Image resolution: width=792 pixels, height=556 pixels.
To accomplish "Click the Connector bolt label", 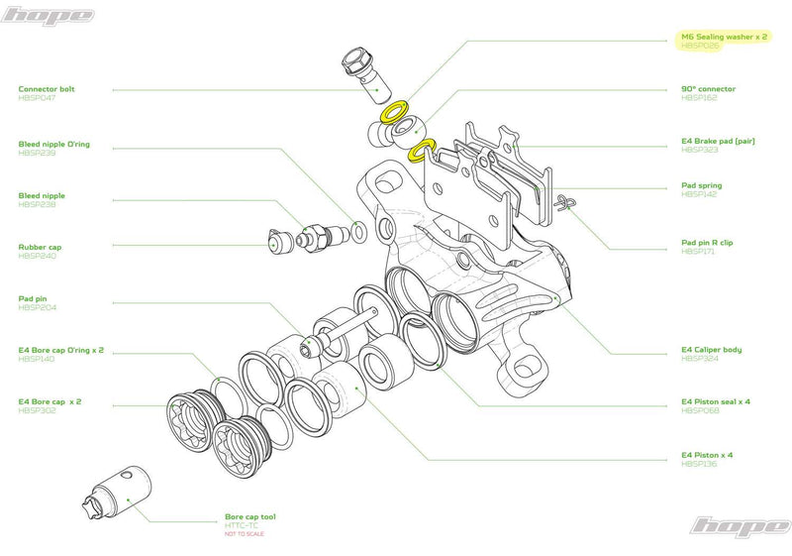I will tap(47, 89).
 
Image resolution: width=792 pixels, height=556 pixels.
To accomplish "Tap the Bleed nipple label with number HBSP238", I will tap(42, 196).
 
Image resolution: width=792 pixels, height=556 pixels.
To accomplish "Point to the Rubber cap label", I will tap(41, 247).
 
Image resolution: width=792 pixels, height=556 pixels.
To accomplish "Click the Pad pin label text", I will tap(33, 297).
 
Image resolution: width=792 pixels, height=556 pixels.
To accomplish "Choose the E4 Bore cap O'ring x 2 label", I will tap(60, 350).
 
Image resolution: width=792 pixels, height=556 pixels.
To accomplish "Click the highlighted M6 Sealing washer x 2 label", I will tap(725, 36).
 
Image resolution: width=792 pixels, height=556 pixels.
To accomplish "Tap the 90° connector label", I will tap(708, 89).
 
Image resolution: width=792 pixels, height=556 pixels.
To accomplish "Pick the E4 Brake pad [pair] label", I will tap(718, 141).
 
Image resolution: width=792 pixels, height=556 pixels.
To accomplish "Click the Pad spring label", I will tap(701, 185).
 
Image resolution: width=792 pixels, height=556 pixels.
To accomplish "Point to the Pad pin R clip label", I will tap(707, 242).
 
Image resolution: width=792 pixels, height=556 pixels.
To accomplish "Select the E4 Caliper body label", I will tap(711, 349).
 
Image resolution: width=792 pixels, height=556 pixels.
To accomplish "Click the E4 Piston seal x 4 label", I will tap(715, 401).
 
